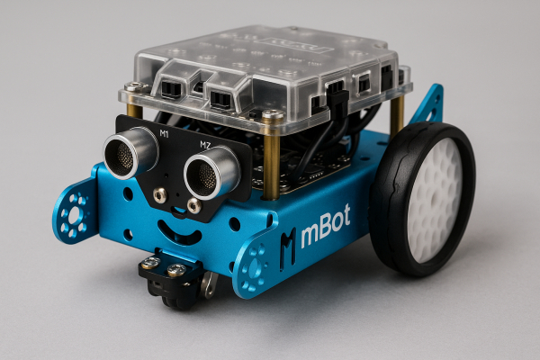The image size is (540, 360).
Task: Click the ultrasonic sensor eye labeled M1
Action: click(131, 151)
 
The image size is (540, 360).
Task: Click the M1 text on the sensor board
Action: click(163, 134)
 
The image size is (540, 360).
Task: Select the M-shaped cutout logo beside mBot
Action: click(287, 243)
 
